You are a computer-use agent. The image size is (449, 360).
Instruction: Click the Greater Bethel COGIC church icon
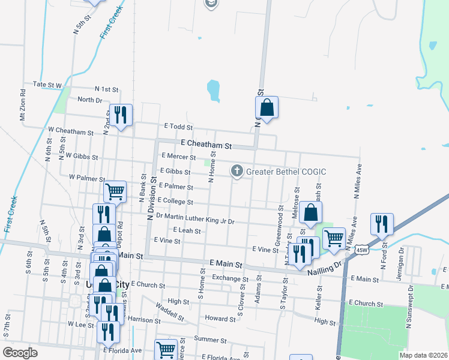pos(237,172)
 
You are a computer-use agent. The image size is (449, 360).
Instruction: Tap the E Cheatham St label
pos(206,145)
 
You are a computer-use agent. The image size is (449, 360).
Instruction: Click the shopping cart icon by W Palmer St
pos(115,191)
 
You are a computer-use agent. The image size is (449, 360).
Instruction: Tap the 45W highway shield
pos(361,249)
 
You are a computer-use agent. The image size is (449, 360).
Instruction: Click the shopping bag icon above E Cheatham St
pos(267,108)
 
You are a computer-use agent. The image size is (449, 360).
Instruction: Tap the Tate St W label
pos(47,85)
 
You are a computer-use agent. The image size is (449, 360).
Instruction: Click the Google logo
pos(20,352)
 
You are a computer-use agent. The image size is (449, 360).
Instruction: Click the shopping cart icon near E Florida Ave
pos(165,349)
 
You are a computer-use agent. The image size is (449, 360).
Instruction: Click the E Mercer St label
pos(179,157)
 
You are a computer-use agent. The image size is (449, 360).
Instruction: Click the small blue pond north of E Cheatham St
pos(214,91)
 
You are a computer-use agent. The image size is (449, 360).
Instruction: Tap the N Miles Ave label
pos(356,182)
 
